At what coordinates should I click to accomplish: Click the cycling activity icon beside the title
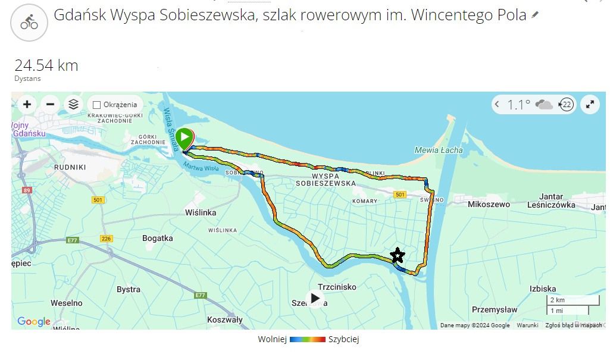29,23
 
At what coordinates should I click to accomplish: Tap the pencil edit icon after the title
535,15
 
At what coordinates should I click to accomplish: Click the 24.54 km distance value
46,65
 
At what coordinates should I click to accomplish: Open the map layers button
73,105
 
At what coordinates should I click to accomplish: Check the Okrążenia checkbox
97,105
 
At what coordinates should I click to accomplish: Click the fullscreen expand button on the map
590,105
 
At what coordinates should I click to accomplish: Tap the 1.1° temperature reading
518,105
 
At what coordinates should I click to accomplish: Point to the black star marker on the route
397,256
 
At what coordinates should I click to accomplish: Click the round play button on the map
315,299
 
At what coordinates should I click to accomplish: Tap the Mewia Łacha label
439,150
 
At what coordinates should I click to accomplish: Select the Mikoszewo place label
489,205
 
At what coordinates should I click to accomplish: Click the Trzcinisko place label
337,287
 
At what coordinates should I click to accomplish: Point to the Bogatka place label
158,239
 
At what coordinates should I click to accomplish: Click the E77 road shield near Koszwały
200,296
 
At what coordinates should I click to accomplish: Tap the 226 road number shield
107,239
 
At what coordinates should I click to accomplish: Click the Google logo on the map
34,322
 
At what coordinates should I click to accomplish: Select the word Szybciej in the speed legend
343,340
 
